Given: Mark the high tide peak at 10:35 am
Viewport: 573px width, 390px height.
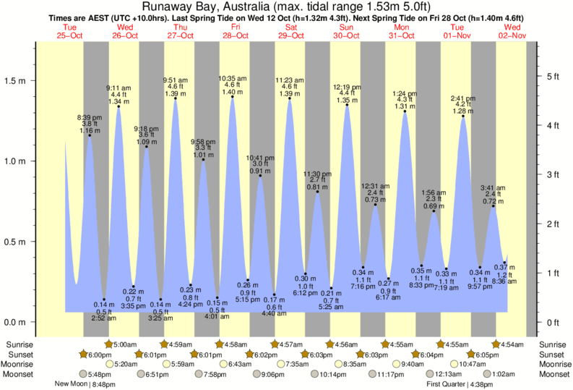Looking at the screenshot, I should [x=233, y=97].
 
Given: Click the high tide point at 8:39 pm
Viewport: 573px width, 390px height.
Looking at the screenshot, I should [x=90, y=135].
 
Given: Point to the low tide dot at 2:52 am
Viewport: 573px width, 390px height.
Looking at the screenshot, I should [x=104, y=299].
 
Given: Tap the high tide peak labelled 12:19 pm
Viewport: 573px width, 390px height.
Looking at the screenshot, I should [x=347, y=105].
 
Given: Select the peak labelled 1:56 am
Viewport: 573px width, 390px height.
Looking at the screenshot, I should [x=434, y=211].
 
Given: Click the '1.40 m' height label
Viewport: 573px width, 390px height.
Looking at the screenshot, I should [x=233, y=92].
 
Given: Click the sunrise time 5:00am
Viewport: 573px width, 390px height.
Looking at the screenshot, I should [x=125, y=344].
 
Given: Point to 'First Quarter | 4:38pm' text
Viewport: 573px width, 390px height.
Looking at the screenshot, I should [x=460, y=384].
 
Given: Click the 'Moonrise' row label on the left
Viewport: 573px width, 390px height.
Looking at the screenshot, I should [x=21, y=364].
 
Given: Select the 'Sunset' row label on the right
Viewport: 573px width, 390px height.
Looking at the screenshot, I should [x=553, y=355].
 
